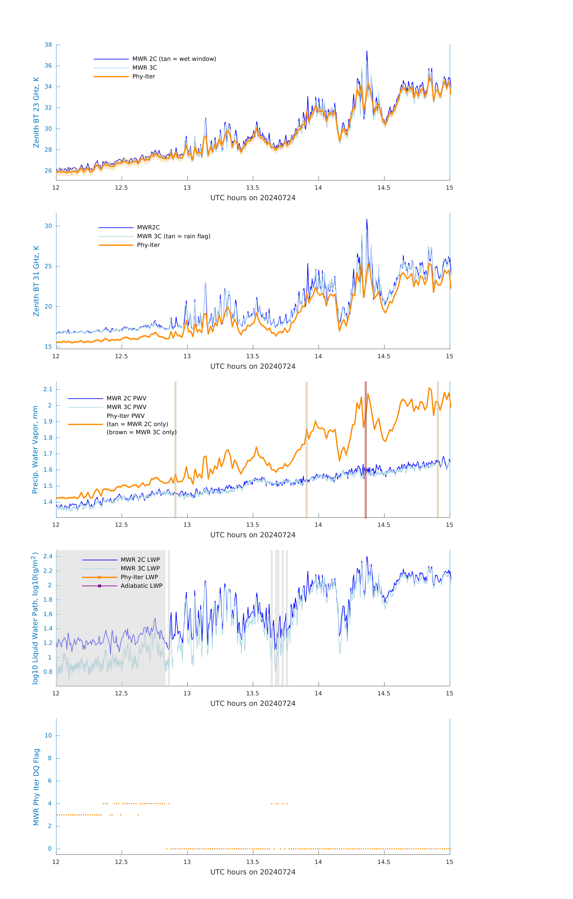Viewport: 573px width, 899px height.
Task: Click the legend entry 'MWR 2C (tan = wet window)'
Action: click(x=174, y=59)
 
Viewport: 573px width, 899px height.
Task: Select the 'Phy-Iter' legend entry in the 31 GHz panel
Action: click(x=148, y=245)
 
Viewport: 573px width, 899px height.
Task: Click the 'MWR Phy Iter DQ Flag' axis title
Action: click(x=36, y=787)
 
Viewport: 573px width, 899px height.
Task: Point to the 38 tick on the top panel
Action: click(x=48, y=45)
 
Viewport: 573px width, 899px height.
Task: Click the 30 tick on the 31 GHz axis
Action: click(x=48, y=226)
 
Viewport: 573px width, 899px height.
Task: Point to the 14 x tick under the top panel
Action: click(x=318, y=188)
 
